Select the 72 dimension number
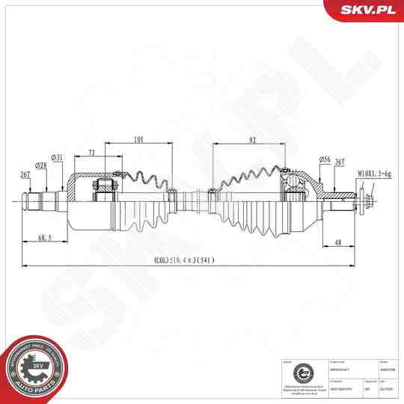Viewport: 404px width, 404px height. pos(91,153)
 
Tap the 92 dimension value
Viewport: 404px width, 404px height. pos(252,138)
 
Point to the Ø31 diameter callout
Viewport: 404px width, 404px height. pos(58,157)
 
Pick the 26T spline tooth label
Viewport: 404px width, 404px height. pos(25,174)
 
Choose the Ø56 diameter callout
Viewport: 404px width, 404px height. pos(325,159)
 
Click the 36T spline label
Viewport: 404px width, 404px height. pos(339,162)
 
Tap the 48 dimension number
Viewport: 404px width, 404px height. pos(337,242)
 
